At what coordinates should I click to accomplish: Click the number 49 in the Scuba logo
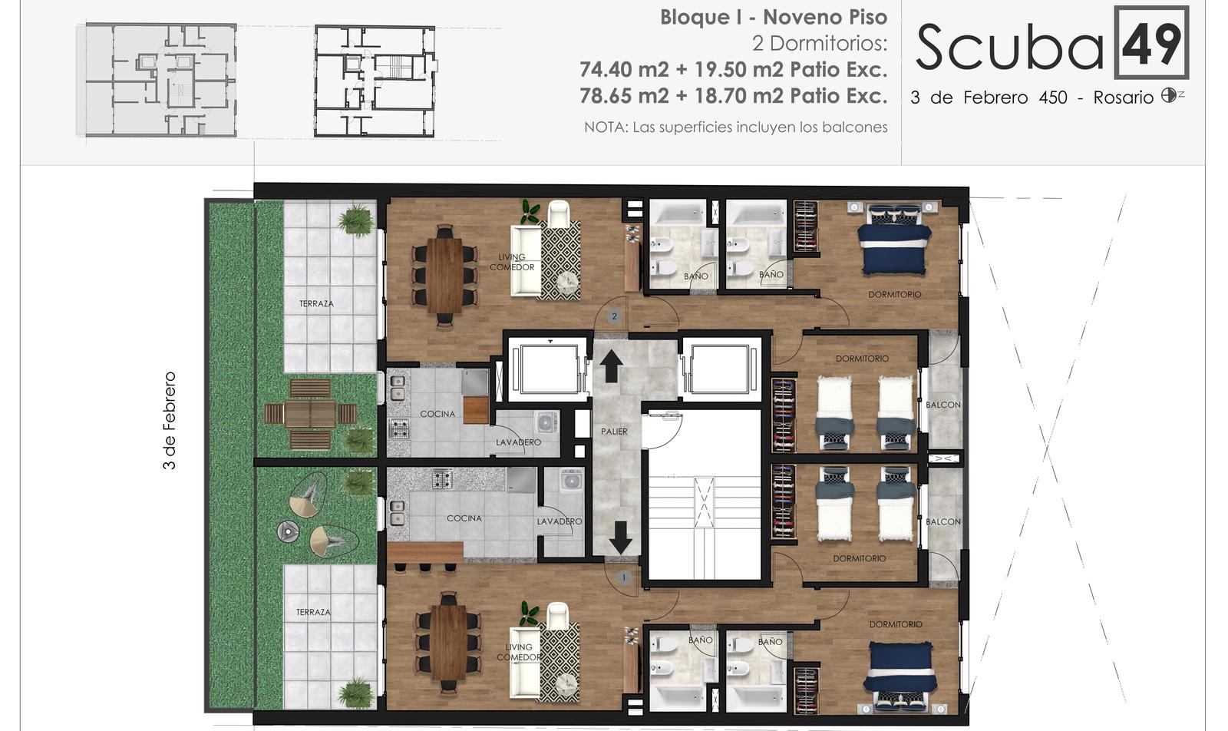tap(1152, 44)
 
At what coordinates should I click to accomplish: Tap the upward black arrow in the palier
tap(611, 365)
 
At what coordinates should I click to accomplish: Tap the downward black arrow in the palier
tap(621, 537)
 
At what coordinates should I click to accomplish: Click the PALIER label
tap(614, 432)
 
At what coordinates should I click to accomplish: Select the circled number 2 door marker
tap(614, 316)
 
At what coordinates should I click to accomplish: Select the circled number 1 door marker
tap(623, 577)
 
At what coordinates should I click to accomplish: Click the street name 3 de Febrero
tap(170, 420)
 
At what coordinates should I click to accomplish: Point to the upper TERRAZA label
tap(316, 303)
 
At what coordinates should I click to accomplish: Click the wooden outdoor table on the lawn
tap(310, 414)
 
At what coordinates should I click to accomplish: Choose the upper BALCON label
tap(943, 405)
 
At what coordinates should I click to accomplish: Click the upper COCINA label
tap(437, 413)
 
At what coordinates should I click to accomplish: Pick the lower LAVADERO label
tap(560, 521)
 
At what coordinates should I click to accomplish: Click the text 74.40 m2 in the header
tap(625, 70)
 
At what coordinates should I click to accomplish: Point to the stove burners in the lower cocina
tap(442, 479)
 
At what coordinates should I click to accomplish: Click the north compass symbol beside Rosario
tap(1169, 95)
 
